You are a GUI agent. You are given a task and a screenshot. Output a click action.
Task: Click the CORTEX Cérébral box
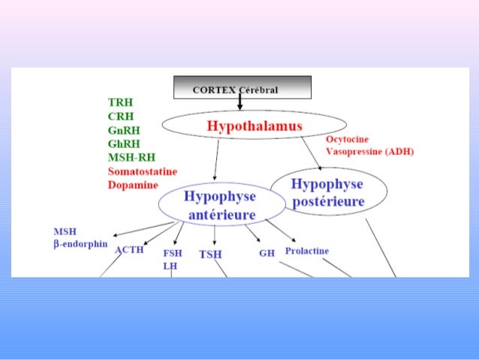(x=242, y=88)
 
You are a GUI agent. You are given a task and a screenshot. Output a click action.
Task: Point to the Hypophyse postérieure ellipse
(x=327, y=192)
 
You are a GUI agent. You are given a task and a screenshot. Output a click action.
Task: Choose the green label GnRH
(x=123, y=129)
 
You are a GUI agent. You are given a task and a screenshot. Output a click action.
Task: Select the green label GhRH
(x=123, y=143)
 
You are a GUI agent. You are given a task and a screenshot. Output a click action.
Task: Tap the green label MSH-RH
(x=130, y=157)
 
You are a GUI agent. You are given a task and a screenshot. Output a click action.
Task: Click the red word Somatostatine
(x=143, y=171)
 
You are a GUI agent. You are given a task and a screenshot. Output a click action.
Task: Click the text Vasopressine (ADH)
(x=369, y=151)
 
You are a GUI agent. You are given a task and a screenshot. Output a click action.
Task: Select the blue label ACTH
(x=128, y=250)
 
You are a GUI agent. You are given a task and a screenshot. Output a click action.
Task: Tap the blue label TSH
(x=211, y=254)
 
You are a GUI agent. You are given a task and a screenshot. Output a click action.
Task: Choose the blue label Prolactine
(x=306, y=251)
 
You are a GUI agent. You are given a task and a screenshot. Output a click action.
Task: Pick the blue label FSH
(x=172, y=253)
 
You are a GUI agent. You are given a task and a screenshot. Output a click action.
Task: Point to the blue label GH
(x=267, y=253)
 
